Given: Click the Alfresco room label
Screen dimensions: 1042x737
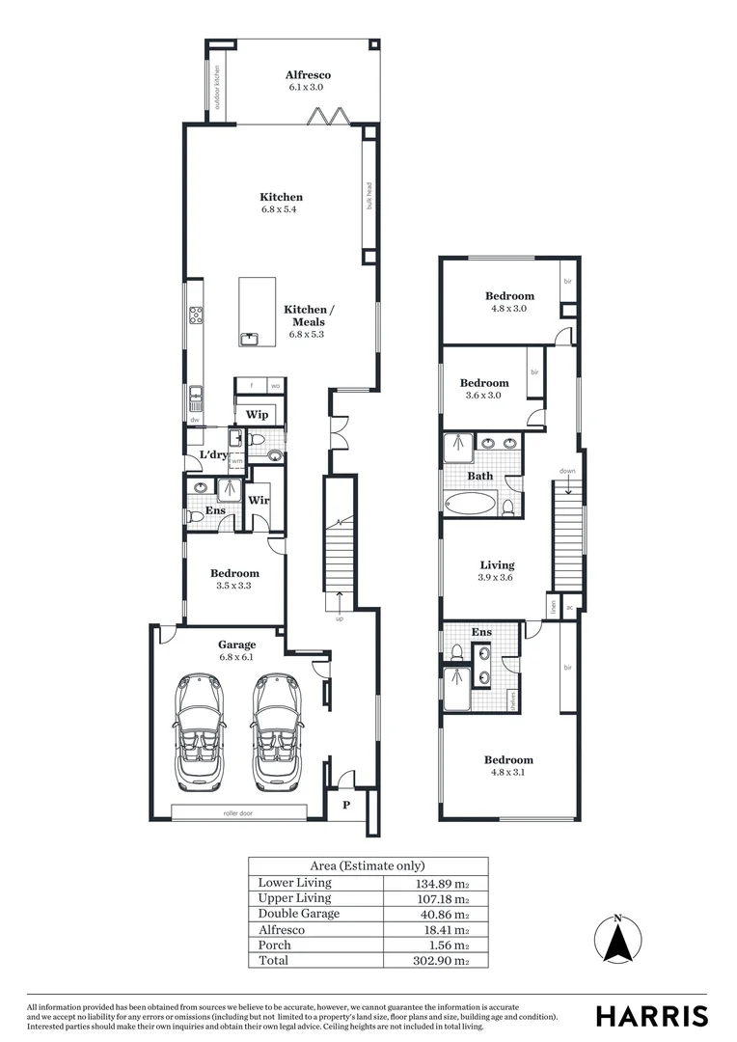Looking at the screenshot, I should pos(309,75).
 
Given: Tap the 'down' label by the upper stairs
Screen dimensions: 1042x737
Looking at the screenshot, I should pos(567,472).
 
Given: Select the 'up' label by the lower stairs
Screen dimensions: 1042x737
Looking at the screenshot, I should pos(339,618).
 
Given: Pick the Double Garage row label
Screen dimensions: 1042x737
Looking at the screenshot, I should pos(299,914).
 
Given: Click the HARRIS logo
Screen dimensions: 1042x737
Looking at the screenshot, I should pos(652,1016).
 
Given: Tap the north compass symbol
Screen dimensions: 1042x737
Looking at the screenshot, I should pos(618,940).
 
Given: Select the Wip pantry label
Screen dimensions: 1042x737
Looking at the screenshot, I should pos(257,414).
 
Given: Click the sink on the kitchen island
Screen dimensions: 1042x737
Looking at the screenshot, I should pos(251,338).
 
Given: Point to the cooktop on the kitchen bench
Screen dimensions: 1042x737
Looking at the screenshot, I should pos(196,313).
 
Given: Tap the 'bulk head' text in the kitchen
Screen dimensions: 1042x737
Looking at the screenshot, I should pos(368,195).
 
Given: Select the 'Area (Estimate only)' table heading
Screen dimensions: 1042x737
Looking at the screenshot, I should pos(367,865).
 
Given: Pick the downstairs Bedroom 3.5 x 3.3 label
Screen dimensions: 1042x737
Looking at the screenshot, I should pos(236,578).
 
